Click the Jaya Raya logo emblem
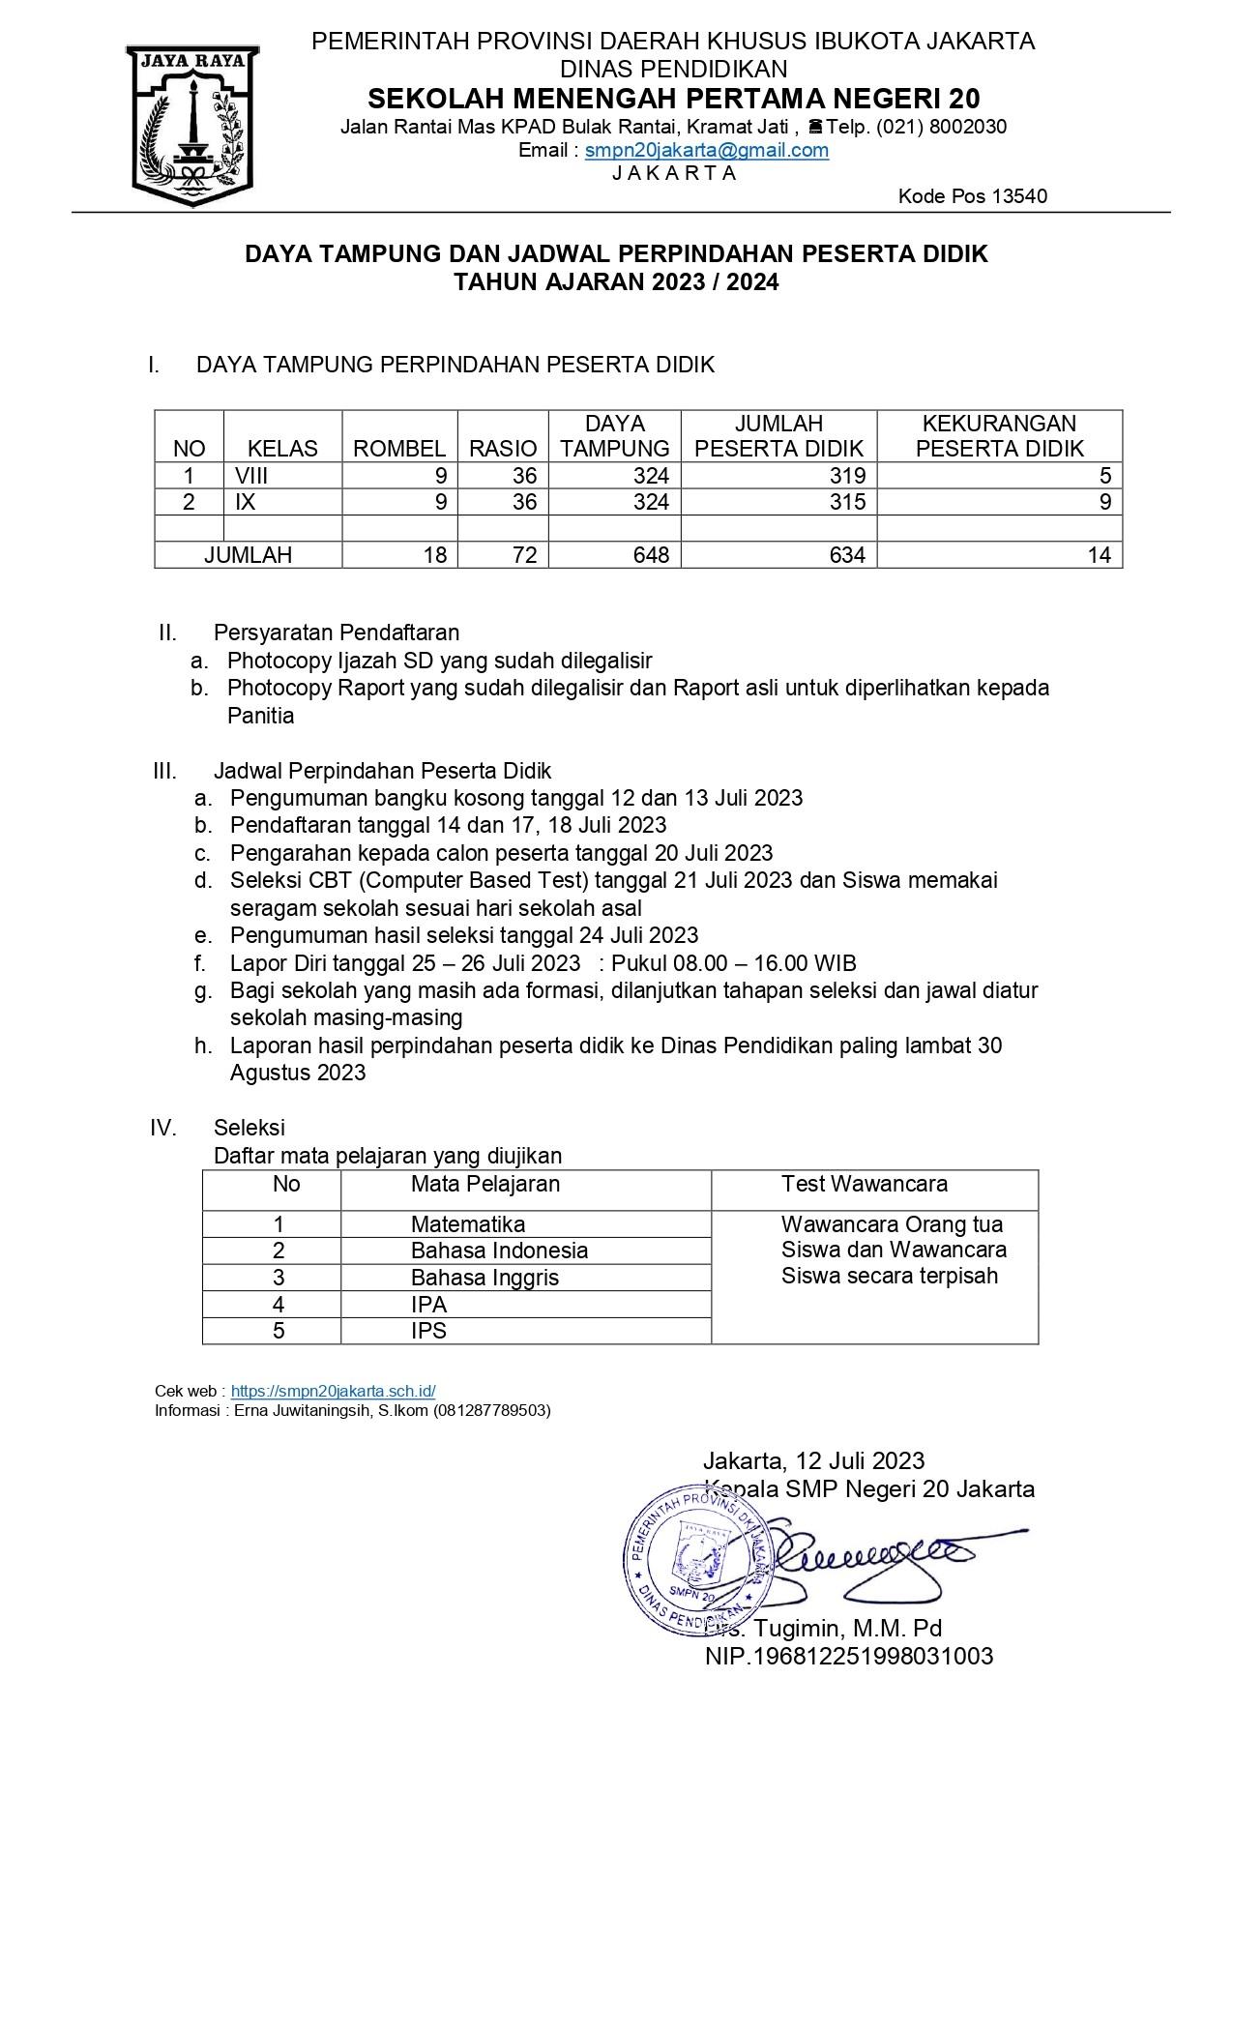pyautogui.click(x=191, y=126)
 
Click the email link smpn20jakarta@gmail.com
pyautogui.click(x=706, y=150)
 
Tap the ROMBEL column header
pyautogui.click(x=398, y=449)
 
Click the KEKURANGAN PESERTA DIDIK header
pyautogui.click(x=999, y=436)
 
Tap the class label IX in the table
pyautogui.click(x=246, y=502)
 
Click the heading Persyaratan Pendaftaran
pyautogui.click(x=337, y=633)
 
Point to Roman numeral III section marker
pyautogui.click(x=165, y=771)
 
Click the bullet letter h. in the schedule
pyautogui.click(x=203, y=1045)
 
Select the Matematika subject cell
pyautogui.click(x=467, y=1224)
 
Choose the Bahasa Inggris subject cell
pyautogui.click(x=484, y=1278)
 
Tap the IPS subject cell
pyautogui.click(x=428, y=1331)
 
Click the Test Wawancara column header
pyautogui.click(x=865, y=1184)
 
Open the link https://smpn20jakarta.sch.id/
pyautogui.click(x=333, y=1391)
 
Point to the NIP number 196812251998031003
pyautogui.click(x=848, y=1656)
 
